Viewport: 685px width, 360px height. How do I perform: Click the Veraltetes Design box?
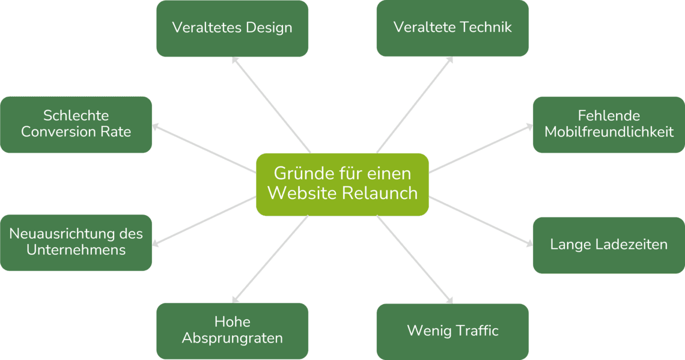tap(233, 28)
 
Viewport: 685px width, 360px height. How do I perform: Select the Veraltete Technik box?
tap(452, 28)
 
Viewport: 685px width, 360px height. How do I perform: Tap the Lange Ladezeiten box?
tap(609, 245)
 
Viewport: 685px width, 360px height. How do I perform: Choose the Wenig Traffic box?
tap(452, 332)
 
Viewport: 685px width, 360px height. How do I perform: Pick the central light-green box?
tap(342, 185)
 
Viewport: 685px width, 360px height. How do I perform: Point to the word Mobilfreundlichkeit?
tap(609, 132)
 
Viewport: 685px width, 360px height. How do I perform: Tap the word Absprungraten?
tap(233, 338)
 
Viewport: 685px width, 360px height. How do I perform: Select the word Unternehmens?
tap(76, 250)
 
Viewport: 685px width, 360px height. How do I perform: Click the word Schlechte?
tap(76, 115)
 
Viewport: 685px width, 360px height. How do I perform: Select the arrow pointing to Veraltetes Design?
tap(271, 105)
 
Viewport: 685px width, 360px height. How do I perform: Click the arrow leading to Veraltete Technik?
tap(415, 105)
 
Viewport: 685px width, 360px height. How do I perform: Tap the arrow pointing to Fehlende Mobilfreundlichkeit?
tap(481, 148)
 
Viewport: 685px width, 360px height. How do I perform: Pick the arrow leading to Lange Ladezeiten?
tap(481, 221)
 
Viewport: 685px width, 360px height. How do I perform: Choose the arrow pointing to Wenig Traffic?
tap(415, 259)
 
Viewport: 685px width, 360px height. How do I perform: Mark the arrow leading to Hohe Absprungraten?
tap(270, 259)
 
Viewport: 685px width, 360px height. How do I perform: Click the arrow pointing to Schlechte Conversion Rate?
tap(204, 148)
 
